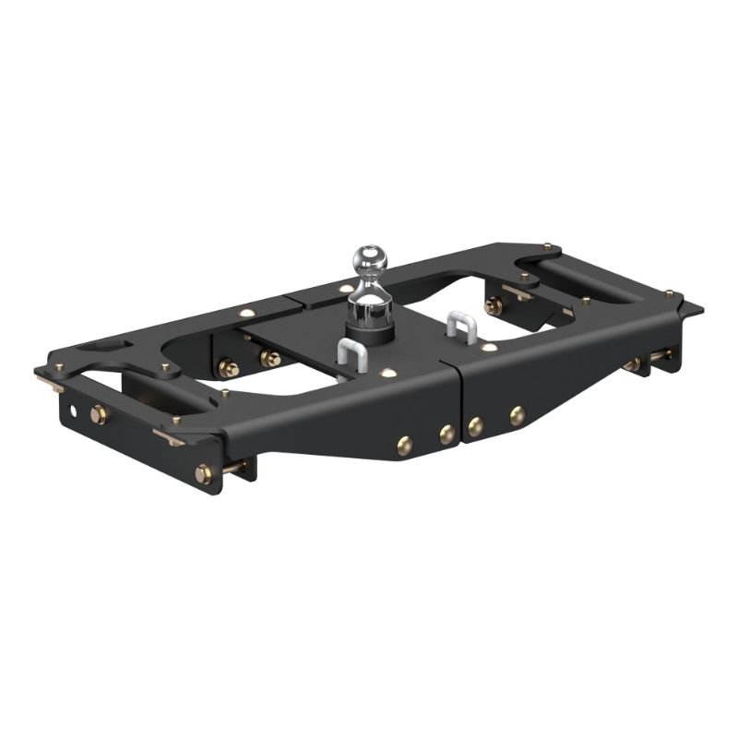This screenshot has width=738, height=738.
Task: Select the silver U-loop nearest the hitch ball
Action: [x=352, y=352]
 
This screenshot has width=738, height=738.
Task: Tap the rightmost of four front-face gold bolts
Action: [x=518, y=415]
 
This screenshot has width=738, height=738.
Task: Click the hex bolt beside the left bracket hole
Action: [x=99, y=415]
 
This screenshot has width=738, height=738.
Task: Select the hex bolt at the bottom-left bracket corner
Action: [x=203, y=474]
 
